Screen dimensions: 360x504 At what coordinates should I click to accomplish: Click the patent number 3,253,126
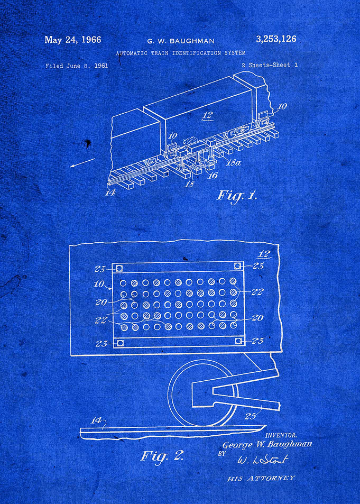pyautogui.click(x=276, y=39)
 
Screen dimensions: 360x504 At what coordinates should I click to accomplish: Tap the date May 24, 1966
pyautogui.click(x=72, y=40)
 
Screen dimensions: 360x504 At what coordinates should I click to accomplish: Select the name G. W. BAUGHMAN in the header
pyautogui.click(x=181, y=41)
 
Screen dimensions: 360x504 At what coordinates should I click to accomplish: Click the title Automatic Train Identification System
pyautogui.click(x=181, y=53)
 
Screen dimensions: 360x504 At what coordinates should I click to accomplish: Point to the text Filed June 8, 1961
pyautogui.click(x=77, y=66)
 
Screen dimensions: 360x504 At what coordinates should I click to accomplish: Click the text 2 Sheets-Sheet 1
pyautogui.click(x=270, y=65)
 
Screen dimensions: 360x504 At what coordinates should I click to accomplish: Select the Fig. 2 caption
pyautogui.click(x=162, y=455)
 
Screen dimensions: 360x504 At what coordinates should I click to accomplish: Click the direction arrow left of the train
pyautogui.click(x=82, y=163)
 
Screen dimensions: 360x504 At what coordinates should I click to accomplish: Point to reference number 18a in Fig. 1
pyautogui.click(x=233, y=163)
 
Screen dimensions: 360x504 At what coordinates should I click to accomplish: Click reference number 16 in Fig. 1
pyautogui.click(x=213, y=175)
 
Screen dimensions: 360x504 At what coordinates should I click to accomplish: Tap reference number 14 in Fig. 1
pyautogui.click(x=110, y=193)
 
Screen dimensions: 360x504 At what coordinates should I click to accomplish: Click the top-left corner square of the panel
pyautogui.click(x=119, y=268)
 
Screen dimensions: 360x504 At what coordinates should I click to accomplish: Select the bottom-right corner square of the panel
pyautogui.click(x=239, y=341)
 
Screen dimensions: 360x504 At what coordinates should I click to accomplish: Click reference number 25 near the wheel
pyautogui.click(x=251, y=416)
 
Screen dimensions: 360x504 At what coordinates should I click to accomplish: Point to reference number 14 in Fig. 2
pyautogui.click(x=96, y=420)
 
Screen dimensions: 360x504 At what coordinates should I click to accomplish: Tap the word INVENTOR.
pyautogui.click(x=281, y=435)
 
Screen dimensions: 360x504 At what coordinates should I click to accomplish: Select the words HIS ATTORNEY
pyautogui.click(x=261, y=478)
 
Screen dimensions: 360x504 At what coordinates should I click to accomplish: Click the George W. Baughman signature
pyautogui.click(x=267, y=445)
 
